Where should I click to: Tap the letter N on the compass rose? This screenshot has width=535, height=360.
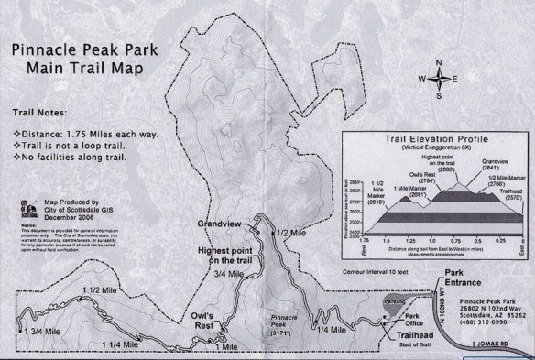(x=440, y=61)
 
